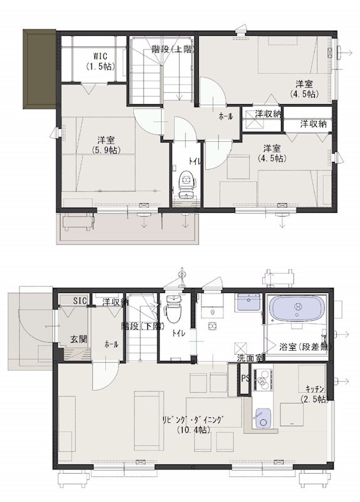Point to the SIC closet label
(x=80, y=301)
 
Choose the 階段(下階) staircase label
(x=142, y=326)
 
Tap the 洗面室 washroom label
(x=250, y=358)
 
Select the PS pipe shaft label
(x=246, y=378)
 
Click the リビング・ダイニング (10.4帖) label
(x=192, y=424)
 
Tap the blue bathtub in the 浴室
(x=297, y=309)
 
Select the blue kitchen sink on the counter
(x=263, y=417)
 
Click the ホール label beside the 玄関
(x=111, y=344)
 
